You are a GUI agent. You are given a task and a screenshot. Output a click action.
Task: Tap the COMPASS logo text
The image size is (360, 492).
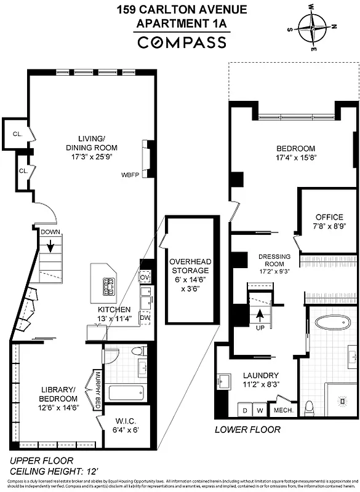pos(182,42)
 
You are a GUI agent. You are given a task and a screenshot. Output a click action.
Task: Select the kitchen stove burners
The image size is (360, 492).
pos(111,285)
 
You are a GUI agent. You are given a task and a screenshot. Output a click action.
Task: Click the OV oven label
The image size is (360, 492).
pos(145,277)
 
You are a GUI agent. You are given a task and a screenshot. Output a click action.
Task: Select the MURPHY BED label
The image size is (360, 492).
pos(97,389)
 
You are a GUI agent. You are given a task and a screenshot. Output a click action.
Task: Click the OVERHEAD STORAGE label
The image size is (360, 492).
pos(190,270)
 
